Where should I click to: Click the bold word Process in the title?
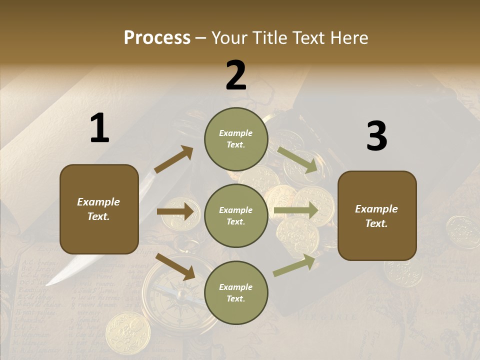pyautogui.click(x=157, y=37)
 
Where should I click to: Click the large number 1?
pyautogui.click(x=99, y=128)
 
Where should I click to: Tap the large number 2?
pyautogui.click(x=236, y=75)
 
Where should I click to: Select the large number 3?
pyautogui.click(x=376, y=136)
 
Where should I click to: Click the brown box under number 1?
pyautogui.click(x=99, y=209)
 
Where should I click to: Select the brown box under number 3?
pyautogui.click(x=377, y=215)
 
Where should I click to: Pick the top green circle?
pyautogui.click(x=236, y=139)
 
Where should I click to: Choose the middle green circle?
pyautogui.click(x=236, y=215)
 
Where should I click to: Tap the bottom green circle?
pyautogui.click(x=236, y=292)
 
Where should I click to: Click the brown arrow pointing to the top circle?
pyautogui.click(x=173, y=159)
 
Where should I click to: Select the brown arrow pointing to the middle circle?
pyautogui.click(x=175, y=211)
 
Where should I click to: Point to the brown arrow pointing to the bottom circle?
pyautogui.click(x=175, y=266)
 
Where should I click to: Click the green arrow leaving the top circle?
pyautogui.click(x=297, y=160)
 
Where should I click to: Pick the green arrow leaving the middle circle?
pyautogui.click(x=296, y=210)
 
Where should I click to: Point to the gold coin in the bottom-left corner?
pyautogui.click(x=127, y=332)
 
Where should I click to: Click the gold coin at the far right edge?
pyautogui.click(x=462, y=231)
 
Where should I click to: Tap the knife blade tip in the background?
pyautogui.click(x=50, y=283)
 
